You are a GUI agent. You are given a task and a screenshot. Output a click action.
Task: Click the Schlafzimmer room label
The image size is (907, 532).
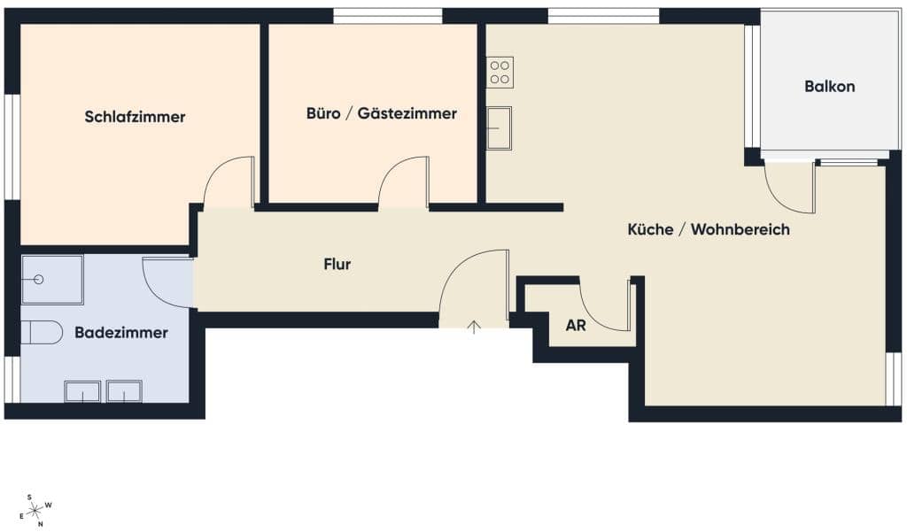(x=135, y=117)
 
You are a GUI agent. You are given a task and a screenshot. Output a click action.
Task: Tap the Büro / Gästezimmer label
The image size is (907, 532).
(x=381, y=113)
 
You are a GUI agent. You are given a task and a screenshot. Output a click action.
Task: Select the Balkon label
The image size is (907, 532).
(x=829, y=86)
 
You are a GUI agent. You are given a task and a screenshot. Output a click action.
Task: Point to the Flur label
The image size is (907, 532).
(x=337, y=265)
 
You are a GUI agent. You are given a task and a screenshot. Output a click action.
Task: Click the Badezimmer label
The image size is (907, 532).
(x=121, y=333)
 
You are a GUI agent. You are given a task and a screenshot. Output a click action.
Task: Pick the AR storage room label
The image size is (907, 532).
(x=576, y=326)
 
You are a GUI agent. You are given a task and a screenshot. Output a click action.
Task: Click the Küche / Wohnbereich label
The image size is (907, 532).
(x=709, y=229)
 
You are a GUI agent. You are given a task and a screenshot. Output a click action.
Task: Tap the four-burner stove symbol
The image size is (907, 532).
(x=500, y=73)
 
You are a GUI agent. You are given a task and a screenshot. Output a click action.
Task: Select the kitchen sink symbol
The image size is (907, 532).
(x=499, y=127)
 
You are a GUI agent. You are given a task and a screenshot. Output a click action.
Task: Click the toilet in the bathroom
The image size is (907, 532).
(x=42, y=333)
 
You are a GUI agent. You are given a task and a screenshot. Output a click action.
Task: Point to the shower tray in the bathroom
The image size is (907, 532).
(x=52, y=280)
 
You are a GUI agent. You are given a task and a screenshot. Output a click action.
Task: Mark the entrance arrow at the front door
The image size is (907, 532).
(x=474, y=327)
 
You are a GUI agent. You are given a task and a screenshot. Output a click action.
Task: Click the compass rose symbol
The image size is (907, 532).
(x=35, y=510)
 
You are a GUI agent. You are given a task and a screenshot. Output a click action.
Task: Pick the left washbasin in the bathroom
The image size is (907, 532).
(x=82, y=391)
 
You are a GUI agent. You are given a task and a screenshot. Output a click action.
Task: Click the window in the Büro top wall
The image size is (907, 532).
(x=388, y=16)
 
